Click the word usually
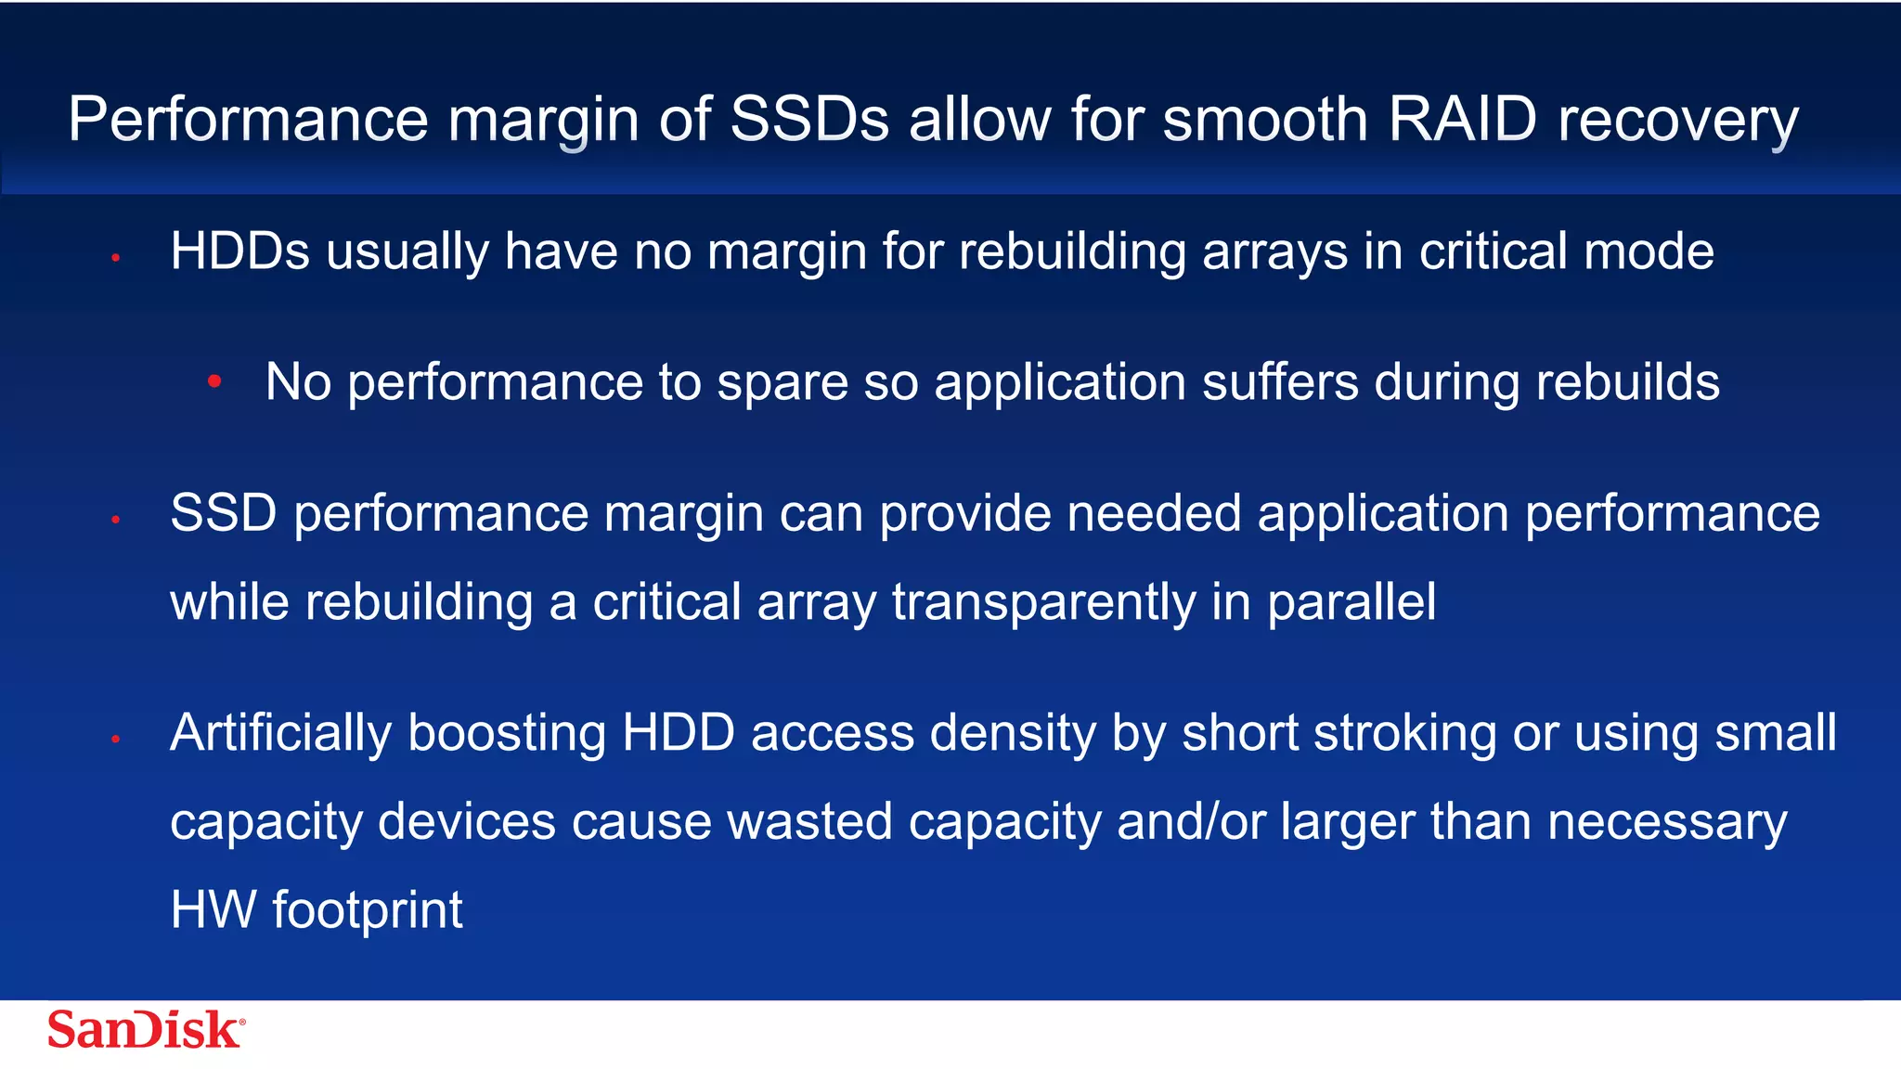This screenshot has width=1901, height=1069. tap(407, 252)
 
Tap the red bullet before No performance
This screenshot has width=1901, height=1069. tap(214, 380)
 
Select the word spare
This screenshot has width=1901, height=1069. tap(782, 382)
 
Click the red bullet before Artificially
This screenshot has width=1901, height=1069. tap(116, 740)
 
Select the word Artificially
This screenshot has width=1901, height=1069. tap(280, 733)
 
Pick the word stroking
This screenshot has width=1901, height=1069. tap(1405, 733)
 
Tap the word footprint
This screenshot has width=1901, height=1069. tap(367, 909)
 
